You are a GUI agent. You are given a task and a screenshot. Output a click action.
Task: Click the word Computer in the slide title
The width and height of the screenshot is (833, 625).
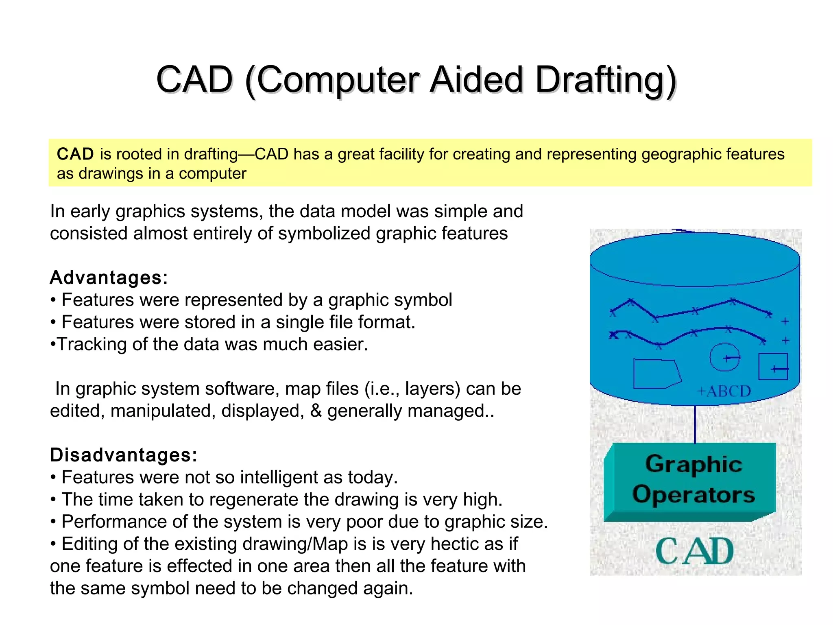[338, 80]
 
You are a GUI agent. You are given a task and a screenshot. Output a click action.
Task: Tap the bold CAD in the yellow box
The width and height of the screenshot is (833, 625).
[75, 154]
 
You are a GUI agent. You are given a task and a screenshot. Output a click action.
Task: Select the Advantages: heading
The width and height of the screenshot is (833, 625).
[109, 278]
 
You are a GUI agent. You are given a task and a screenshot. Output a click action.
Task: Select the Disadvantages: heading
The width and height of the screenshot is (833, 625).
[123, 455]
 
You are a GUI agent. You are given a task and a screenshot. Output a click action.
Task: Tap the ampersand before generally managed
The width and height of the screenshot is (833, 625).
[316, 411]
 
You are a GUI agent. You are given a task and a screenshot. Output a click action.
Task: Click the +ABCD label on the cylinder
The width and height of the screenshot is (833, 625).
[724, 391]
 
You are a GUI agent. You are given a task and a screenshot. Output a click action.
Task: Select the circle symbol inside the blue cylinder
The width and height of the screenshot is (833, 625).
[724, 357]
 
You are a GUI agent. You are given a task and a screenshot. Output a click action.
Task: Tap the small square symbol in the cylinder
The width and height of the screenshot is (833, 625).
[773, 367]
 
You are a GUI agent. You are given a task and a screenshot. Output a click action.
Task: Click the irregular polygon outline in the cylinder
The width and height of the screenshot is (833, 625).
[656, 374]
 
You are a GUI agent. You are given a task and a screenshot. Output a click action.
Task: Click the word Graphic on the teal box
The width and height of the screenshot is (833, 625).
[693, 464]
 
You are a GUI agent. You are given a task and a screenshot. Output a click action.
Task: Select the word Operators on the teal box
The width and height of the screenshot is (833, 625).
[693, 494]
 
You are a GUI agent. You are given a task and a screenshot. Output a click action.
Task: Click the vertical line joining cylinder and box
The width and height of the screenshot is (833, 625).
[695, 424]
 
